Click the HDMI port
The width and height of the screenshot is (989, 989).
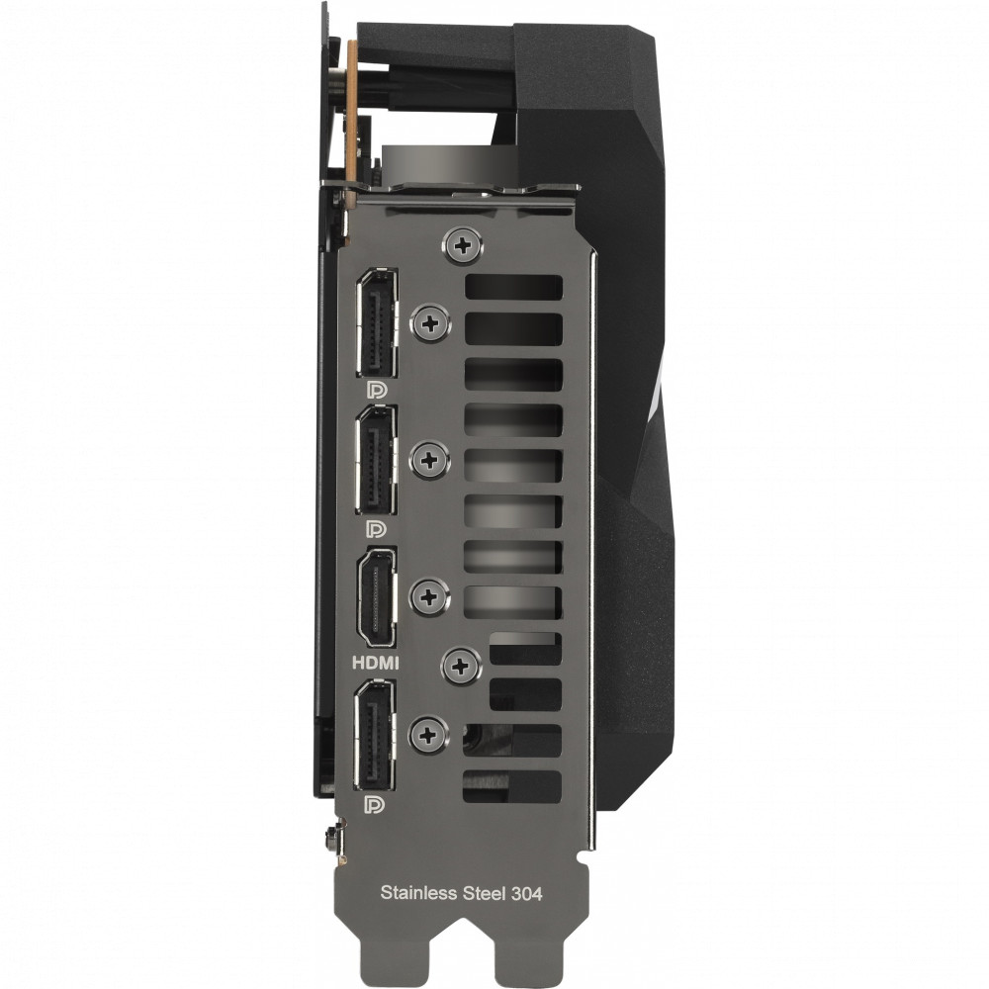[377, 598]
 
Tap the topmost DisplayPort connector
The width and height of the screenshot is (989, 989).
[377, 323]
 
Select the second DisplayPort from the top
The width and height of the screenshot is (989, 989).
[377, 460]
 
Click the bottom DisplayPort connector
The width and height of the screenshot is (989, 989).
[376, 735]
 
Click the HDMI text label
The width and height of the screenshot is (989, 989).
[375, 663]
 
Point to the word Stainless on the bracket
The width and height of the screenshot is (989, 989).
[418, 892]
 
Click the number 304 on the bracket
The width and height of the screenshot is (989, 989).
[527, 893]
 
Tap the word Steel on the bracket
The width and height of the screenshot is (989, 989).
[485, 892]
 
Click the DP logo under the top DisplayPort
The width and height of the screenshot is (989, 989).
[377, 391]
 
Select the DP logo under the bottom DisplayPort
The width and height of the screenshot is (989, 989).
[375, 804]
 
